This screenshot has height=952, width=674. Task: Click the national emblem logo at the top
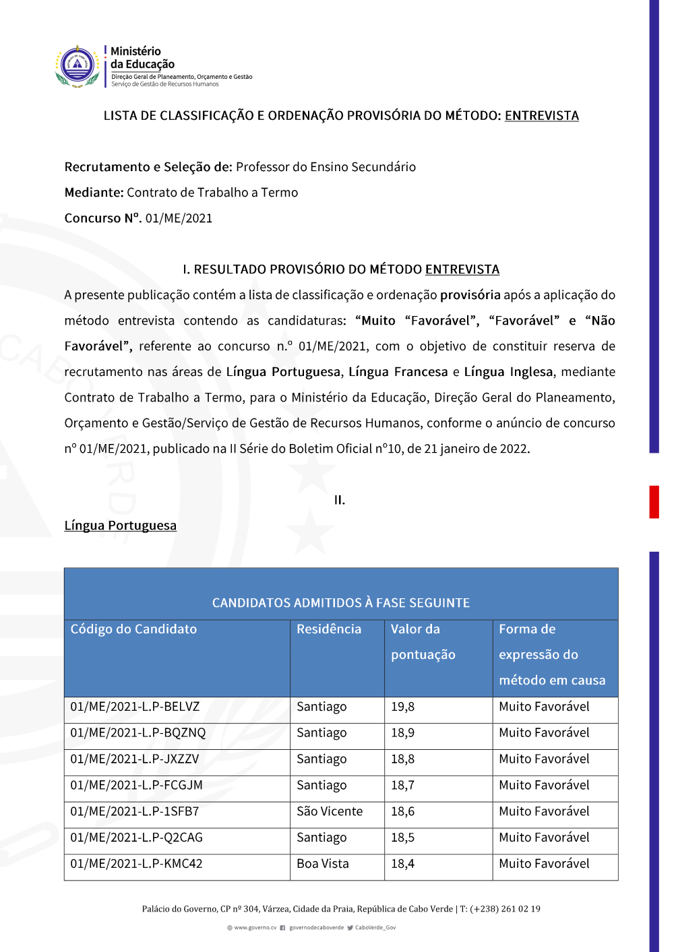78,66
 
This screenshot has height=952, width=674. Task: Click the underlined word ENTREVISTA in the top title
541,116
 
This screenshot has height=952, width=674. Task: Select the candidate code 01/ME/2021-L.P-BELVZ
135,707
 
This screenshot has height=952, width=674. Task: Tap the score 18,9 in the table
403,733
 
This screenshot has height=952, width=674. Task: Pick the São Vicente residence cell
330,812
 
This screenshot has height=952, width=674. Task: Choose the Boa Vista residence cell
323,864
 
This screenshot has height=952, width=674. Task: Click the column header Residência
329,629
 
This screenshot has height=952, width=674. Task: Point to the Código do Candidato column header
133,629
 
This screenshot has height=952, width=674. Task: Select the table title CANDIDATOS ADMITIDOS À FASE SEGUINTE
341,603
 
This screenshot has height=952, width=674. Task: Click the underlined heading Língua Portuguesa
120,526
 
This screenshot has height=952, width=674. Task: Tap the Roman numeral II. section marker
340,500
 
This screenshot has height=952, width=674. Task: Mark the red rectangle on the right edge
654,501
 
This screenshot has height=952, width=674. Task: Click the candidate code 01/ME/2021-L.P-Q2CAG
136,838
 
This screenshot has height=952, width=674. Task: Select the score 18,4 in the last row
403,864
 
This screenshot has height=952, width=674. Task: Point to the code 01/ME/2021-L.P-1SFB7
135,812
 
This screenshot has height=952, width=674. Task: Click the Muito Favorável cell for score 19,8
544,707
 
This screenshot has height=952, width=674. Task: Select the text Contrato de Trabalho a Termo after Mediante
212,193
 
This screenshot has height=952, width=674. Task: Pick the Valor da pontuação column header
423,642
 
